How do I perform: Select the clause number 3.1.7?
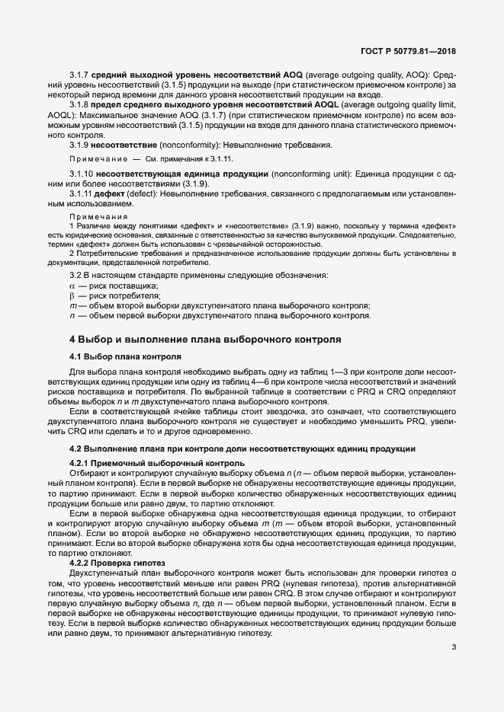[x=80, y=75]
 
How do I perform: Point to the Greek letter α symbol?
[x=72, y=284]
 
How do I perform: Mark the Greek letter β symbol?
[x=72, y=295]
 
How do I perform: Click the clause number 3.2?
[x=76, y=274]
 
